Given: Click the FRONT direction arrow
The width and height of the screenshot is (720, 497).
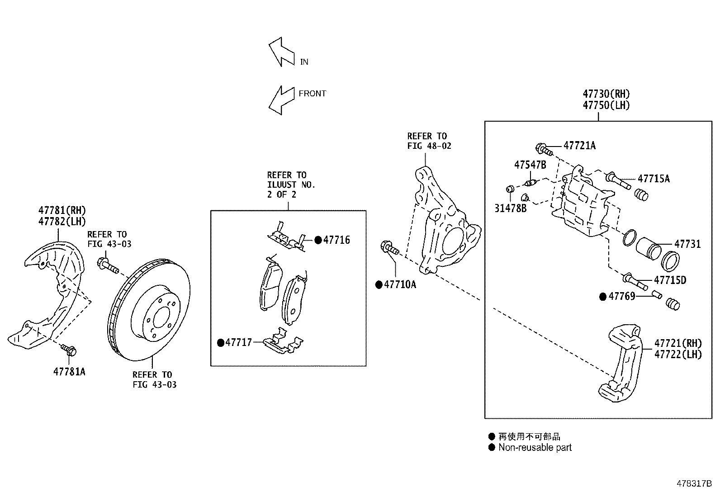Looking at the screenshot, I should [x=280, y=99].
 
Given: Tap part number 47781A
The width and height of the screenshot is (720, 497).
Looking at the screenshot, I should [x=69, y=372].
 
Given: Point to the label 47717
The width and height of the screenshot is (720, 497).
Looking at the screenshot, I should [x=238, y=342].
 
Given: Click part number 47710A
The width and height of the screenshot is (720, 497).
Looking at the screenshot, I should [x=400, y=284].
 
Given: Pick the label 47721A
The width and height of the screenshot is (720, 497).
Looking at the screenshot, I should [x=579, y=146].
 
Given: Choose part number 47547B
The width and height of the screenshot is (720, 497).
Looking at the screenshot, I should [x=530, y=165].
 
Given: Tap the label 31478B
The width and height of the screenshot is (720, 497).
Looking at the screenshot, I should [x=510, y=208].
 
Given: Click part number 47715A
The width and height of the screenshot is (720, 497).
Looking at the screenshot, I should [x=654, y=179].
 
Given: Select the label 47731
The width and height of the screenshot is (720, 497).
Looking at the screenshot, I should [x=687, y=244].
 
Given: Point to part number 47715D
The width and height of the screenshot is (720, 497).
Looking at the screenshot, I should [x=670, y=280].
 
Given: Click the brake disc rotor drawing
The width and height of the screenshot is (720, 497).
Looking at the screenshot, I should [x=150, y=310].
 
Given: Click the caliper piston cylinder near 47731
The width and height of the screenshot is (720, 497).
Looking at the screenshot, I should [x=649, y=249].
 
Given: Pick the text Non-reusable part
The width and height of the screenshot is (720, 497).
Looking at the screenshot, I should [x=535, y=448].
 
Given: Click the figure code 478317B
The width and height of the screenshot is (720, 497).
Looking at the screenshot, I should [x=694, y=483].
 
